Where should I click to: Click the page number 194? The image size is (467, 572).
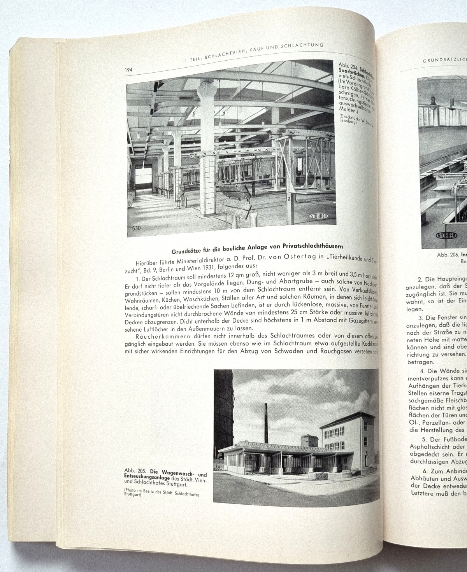pos(129,70)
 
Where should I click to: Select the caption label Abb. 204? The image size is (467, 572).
pos(348,65)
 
